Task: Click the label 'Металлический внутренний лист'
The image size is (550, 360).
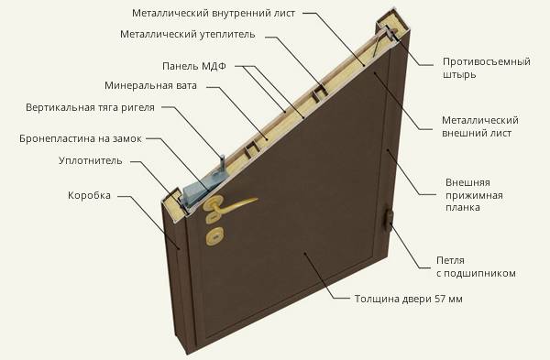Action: (x=214, y=14)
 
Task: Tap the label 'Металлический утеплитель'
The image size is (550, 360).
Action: (x=188, y=35)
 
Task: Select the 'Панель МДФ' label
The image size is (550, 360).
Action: (x=194, y=66)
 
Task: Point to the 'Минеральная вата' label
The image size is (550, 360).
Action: (x=150, y=85)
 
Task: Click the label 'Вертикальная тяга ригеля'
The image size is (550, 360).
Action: (x=90, y=107)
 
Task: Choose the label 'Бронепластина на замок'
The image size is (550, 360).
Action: (x=81, y=138)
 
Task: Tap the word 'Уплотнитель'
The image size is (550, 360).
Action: (x=91, y=160)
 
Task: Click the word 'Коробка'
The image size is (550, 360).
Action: (x=89, y=195)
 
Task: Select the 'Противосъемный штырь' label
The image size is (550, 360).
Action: (x=487, y=68)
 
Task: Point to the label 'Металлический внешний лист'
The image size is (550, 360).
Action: (x=479, y=126)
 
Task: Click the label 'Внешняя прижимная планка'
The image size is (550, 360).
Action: (x=474, y=195)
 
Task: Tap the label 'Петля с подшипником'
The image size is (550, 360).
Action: (x=476, y=267)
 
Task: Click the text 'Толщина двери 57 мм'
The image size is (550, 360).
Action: (x=408, y=299)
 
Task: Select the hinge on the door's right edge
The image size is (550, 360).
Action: (x=388, y=220)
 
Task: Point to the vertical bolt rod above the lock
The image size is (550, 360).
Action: (x=223, y=162)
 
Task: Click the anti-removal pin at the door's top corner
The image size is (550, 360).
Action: (x=390, y=35)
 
